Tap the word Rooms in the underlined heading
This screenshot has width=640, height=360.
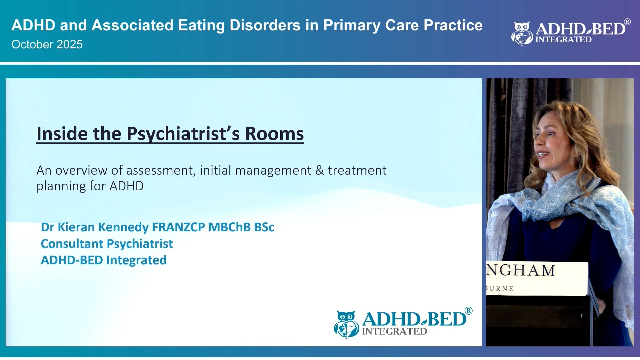click(x=274, y=134)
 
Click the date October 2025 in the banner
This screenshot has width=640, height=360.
click(x=47, y=45)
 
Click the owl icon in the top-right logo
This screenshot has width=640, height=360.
click(x=522, y=33)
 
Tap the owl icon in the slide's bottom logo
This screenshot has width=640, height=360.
click(x=346, y=324)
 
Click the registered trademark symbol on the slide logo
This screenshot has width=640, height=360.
click(x=468, y=311)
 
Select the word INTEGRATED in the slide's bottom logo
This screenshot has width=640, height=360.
click(x=394, y=332)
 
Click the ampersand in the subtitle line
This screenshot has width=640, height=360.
click(x=319, y=171)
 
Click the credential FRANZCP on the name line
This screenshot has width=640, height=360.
click(x=178, y=227)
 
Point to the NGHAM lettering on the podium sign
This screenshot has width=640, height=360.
click(x=521, y=271)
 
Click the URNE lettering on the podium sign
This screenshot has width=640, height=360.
click(x=500, y=289)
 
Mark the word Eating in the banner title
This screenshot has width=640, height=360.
click(x=201, y=26)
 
